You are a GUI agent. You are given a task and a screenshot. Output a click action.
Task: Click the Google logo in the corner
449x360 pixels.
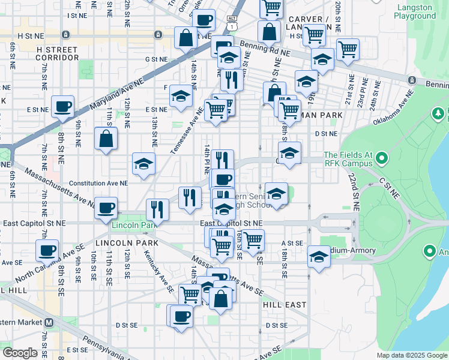[x=20, y=353]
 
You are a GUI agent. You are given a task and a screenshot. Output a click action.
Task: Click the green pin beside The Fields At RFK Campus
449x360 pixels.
[x=381, y=158]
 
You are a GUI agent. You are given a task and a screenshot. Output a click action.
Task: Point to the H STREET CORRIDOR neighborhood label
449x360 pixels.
[x=58, y=53]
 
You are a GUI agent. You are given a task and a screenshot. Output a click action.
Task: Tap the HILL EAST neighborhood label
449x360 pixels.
[x=285, y=305]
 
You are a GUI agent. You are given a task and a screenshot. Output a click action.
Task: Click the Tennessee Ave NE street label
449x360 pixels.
[x=187, y=131]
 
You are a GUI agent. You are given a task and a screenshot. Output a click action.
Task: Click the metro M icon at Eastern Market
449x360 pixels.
[x=49, y=322]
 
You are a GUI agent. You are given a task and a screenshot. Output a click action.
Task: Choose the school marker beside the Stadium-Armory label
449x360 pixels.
[x=319, y=257]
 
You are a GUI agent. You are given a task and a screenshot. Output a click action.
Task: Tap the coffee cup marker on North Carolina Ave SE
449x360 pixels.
[x=47, y=250]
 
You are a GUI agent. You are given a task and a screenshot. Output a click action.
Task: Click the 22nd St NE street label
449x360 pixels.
[x=352, y=190]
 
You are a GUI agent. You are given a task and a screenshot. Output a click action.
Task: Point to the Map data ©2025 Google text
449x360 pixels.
[x=411, y=355]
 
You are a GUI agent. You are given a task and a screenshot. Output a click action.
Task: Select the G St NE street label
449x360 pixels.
[x=155, y=59]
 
